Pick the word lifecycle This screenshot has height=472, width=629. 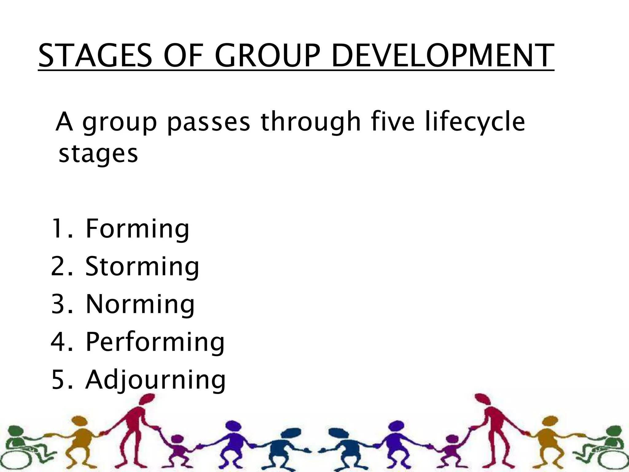[x=475, y=122]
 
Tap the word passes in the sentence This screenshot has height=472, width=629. [x=209, y=122]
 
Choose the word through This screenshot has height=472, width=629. [x=311, y=122]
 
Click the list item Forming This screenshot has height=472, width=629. [x=137, y=229]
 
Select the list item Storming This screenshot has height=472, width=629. [x=142, y=267]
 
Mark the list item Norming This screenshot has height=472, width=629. [x=140, y=304]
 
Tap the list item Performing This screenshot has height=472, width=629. [x=155, y=342]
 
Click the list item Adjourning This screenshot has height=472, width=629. [x=155, y=380]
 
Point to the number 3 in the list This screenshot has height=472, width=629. [x=59, y=304]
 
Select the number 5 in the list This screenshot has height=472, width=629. [x=59, y=380]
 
